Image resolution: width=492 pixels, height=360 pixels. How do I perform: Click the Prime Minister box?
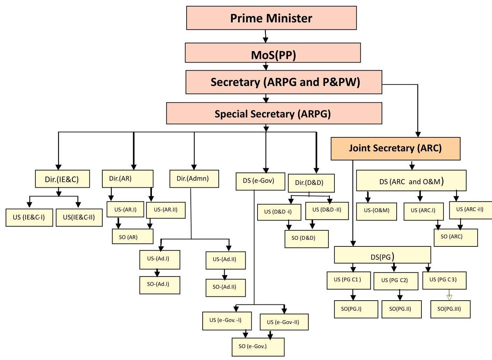271,18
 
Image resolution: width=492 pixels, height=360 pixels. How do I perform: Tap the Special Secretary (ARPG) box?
274,114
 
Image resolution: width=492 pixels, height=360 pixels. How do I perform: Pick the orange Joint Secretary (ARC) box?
395,149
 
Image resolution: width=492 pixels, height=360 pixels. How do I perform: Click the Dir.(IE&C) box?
62,179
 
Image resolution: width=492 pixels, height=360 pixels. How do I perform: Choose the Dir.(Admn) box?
194,179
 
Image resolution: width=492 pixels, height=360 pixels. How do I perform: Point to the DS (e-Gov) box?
260,181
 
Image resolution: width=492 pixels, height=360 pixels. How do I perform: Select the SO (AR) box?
132,237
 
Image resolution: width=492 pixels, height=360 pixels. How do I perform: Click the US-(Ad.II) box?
225,260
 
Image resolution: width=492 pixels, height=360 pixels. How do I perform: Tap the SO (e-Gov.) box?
258,347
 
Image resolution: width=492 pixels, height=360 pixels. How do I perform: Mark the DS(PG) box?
382,255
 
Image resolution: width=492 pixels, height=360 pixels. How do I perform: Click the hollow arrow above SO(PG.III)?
449,297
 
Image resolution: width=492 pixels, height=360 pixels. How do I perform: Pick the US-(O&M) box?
376,211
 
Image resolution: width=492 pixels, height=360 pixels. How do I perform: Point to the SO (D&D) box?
306,239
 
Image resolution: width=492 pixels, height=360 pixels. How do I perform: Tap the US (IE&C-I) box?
29,217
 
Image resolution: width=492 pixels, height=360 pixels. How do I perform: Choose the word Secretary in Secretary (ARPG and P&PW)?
235,82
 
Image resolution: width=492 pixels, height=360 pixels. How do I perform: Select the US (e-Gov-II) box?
284,322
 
